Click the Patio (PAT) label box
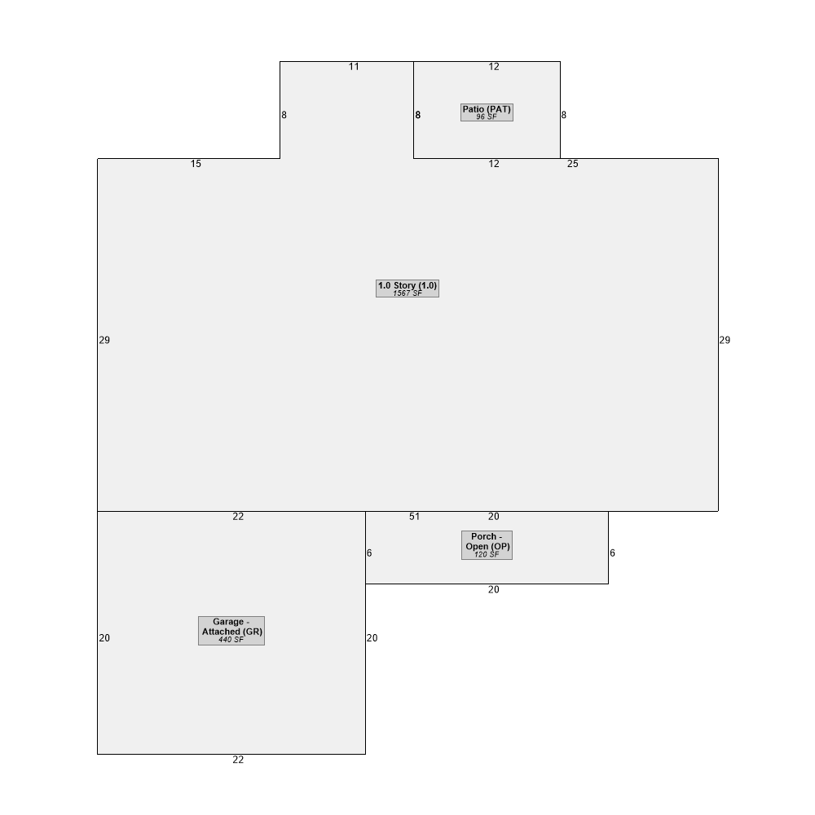tap(487, 112)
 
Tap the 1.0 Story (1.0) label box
tap(407, 289)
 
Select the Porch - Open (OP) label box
tap(487, 545)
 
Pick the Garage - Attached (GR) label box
tap(231, 631)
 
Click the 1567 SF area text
tap(407, 293)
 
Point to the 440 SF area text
tap(231, 640)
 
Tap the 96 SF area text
tap(487, 117)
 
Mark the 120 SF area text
tap(487, 554)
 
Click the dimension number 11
tap(354, 67)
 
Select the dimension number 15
tap(196, 164)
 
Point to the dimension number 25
tap(573, 164)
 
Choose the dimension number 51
tap(414, 517)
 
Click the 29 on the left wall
tap(104, 340)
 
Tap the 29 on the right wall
tap(725, 340)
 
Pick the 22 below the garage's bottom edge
tap(238, 760)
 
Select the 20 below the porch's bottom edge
tap(494, 589)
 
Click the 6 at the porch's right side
tap(612, 553)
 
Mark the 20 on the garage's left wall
tap(104, 638)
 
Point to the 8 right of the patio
tap(564, 115)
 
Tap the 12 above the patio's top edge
tap(494, 67)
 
